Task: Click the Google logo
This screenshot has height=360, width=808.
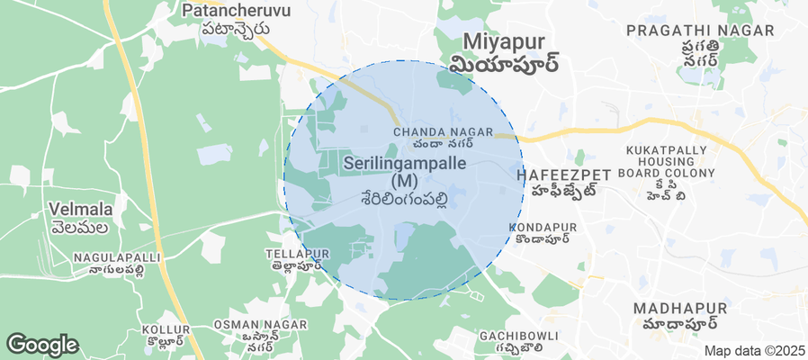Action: click(42, 344)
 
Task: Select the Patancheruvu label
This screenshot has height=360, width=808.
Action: click(225, 11)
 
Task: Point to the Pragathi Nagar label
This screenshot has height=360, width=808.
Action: click(700, 31)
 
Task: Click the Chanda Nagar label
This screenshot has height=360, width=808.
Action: click(444, 132)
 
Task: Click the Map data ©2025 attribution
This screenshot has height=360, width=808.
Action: click(754, 351)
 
